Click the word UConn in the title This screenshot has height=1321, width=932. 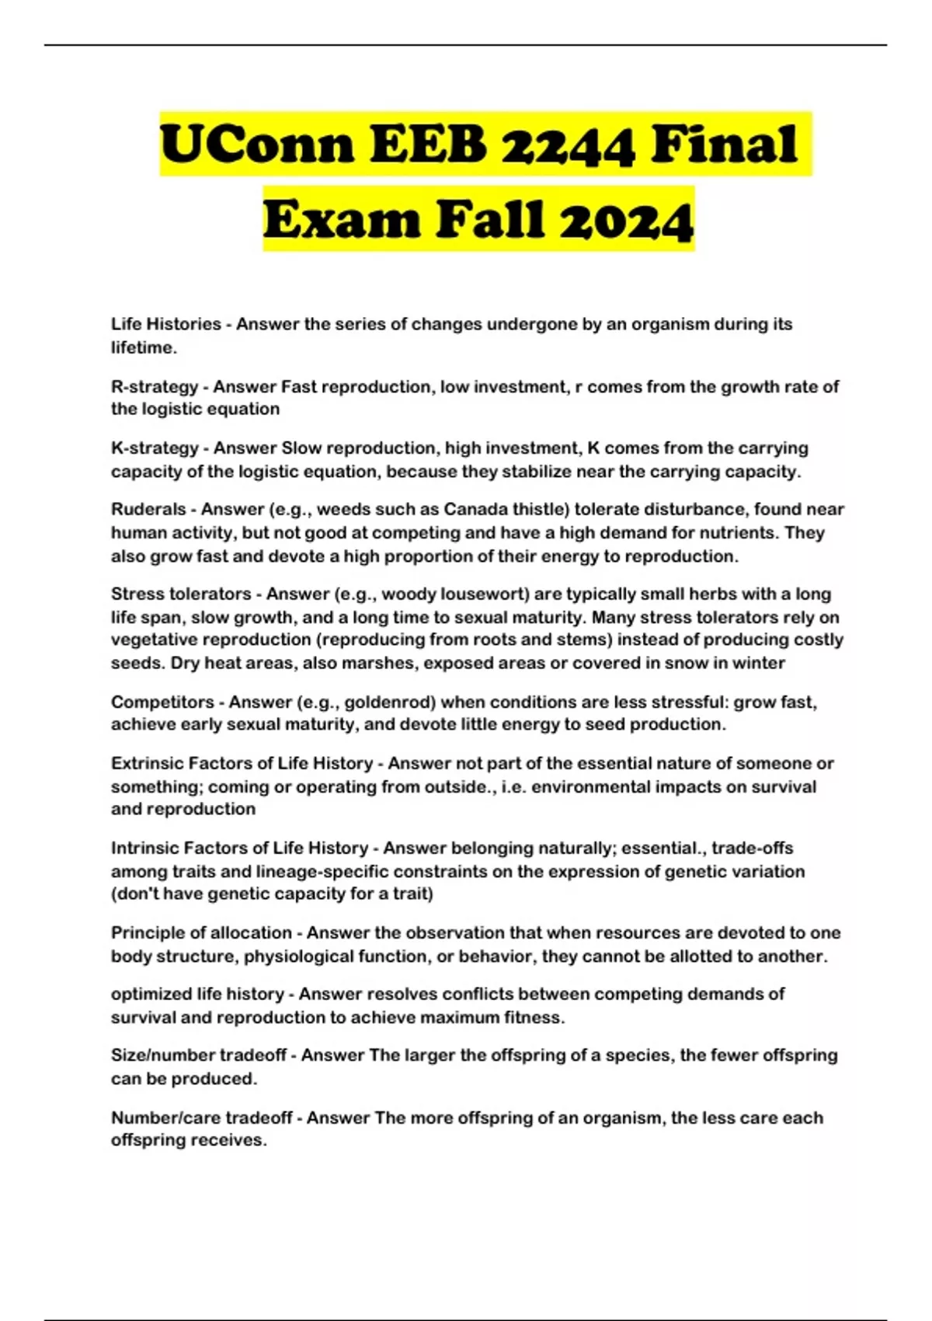pyautogui.click(x=256, y=145)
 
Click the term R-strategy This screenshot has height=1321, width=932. pyautogui.click(x=155, y=386)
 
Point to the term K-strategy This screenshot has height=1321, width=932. pyautogui.click(x=155, y=448)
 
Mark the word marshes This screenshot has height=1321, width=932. pyautogui.click(x=377, y=664)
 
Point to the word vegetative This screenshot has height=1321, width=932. pyautogui.click(x=155, y=640)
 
